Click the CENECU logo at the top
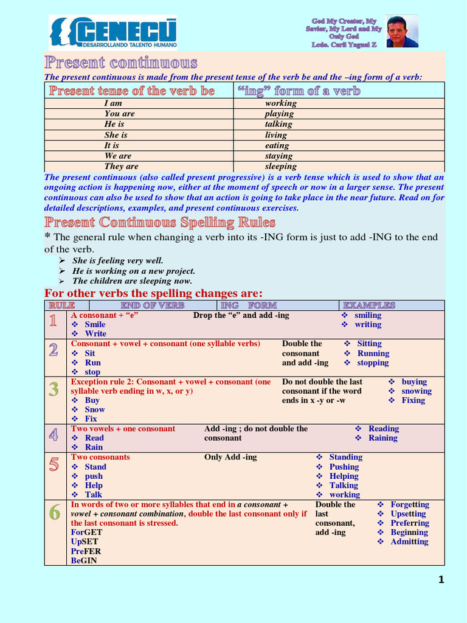[x=113, y=32]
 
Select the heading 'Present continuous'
[x=120, y=63]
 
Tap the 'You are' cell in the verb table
[x=120, y=114]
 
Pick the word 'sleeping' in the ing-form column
[x=280, y=166]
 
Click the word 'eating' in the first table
[x=277, y=145]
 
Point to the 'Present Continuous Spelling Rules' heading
[x=160, y=222]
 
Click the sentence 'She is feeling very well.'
[x=117, y=260]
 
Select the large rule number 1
[x=54, y=322]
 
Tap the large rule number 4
[x=54, y=435]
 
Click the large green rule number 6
[x=54, y=513]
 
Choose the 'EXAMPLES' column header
[x=369, y=305]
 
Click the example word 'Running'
[x=373, y=353]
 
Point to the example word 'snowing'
[x=417, y=391]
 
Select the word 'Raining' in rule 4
[x=382, y=438]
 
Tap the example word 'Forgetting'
[x=409, y=504]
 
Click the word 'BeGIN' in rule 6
[x=84, y=560]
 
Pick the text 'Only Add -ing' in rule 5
[x=230, y=457]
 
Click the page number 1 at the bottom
[x=441, y=580]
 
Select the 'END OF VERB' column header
[x=152, y=305]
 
